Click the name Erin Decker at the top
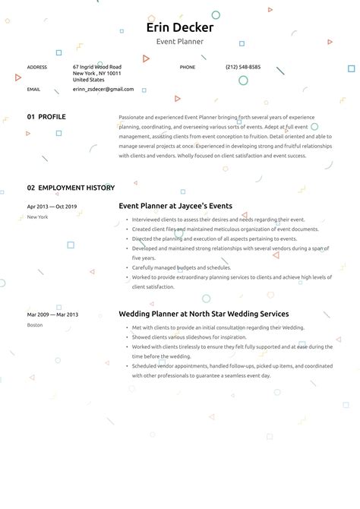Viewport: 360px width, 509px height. (x=180, y=28)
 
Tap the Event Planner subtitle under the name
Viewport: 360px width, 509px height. (x=180, y=42)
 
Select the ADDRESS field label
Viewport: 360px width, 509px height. (x=37, y=67)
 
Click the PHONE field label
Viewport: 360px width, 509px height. (x=188, y=67)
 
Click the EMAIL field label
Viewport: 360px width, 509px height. (x=33, y=89)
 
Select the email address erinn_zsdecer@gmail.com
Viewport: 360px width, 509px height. (x=103, y=89)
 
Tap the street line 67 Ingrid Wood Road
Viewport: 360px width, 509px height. (x=97, y=67)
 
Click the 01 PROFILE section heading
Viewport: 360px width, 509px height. (x=46, y=117)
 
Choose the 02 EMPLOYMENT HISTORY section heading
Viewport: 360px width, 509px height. (x=71, y=188)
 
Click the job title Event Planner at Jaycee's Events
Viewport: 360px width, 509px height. (x=175, y=206)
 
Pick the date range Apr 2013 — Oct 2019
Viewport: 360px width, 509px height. (x=52, y=207)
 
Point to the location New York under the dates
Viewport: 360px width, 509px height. (x=37, y=217)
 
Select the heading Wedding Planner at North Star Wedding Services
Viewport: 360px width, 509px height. (x=204, y=314)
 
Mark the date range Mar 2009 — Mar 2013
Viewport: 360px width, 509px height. (x=52, y=315)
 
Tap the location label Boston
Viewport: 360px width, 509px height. (x=35, y=325)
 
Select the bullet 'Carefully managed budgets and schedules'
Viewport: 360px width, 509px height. (x=182, y=267)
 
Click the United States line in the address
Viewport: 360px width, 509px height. (x=89, y=79)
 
